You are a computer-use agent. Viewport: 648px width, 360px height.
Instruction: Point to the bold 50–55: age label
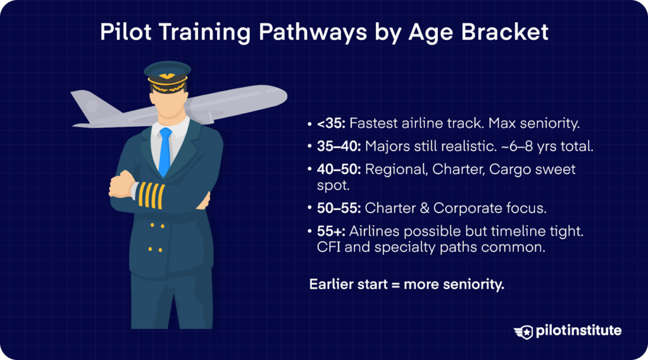339,208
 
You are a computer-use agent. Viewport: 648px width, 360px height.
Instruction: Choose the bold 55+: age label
332,232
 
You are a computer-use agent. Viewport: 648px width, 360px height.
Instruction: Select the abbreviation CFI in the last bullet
328,248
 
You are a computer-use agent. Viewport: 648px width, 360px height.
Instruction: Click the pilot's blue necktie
165,151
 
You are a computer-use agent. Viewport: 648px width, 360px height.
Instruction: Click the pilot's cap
165,76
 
